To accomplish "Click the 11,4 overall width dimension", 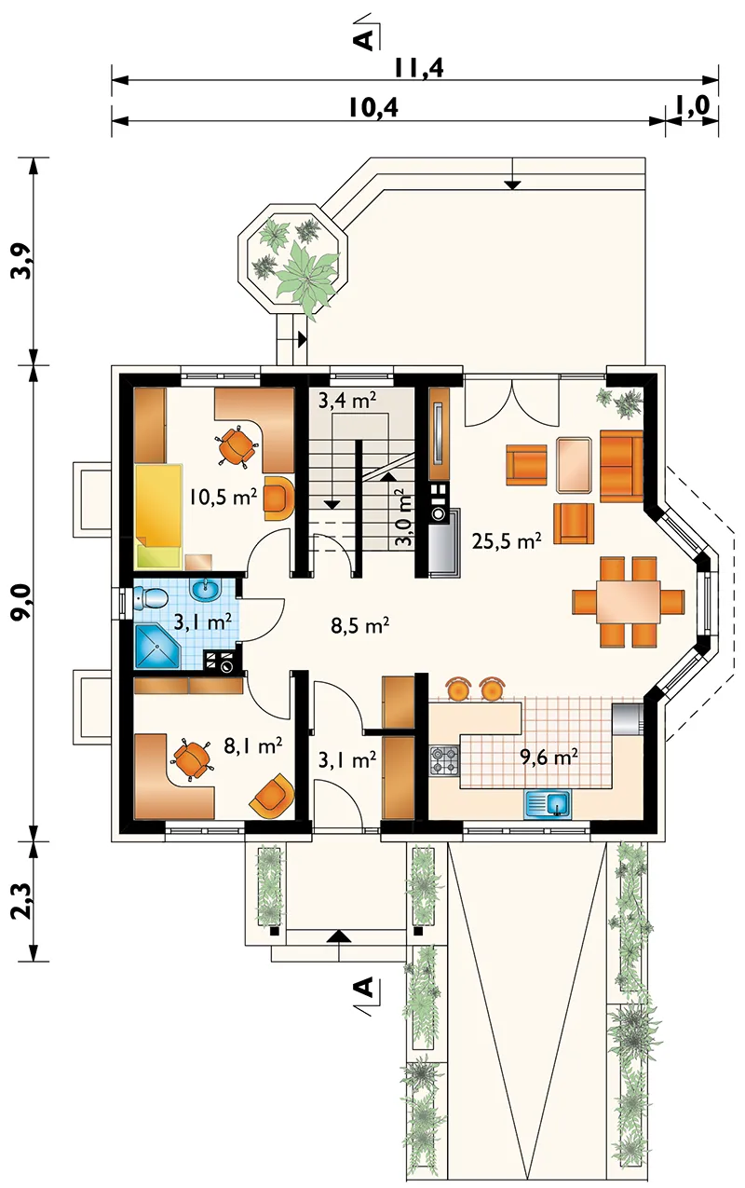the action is tap(419, 68).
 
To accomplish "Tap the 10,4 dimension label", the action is tap(373, 108).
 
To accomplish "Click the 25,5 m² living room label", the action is tap(507, 541).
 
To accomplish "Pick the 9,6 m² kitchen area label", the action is tap(549, 758).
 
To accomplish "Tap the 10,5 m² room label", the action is tap(223, 497).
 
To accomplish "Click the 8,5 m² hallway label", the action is tap(360, 625).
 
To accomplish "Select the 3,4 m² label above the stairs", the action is tap(347, 401).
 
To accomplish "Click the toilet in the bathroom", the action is tap(150, 597).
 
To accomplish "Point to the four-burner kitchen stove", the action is tap(444, 760).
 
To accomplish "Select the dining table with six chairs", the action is tap(629, 602).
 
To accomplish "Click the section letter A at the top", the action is tap(364, 39).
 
